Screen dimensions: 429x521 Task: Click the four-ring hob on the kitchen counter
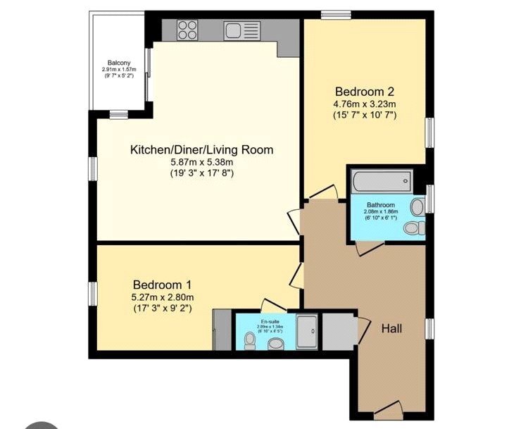click(187, 30)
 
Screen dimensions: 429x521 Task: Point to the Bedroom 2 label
click(364, 92)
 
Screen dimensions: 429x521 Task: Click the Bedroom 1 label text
click(162, 285)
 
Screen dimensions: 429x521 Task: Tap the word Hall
click(392, 328)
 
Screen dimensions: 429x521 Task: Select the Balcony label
click(118, 62)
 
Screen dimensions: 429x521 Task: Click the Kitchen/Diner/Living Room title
click(201, 150)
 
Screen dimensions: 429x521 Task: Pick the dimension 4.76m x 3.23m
click(364, 104)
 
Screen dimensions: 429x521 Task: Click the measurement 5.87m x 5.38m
click(201, 161)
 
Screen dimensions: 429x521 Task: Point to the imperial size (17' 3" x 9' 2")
click(162, 308)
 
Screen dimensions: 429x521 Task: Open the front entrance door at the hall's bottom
click(389, 411)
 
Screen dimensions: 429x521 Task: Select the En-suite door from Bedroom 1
click(270, 305)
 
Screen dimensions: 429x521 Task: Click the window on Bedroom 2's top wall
click(336, 14)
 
